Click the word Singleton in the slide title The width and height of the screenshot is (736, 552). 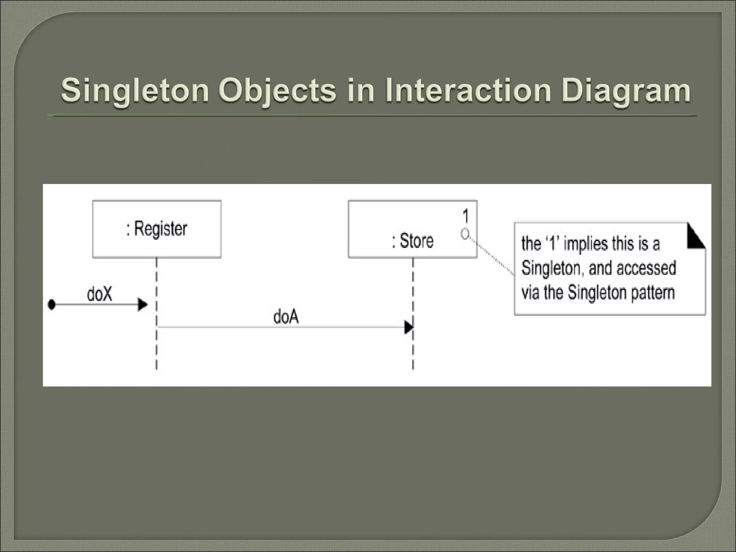[x=135, y=90]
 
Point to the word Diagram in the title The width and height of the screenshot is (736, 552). [x=626, y=90]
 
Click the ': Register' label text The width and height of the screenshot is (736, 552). [x=157, y=229]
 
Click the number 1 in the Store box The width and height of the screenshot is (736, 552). [x=465, y=216]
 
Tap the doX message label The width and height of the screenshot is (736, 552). [x=100, y=294]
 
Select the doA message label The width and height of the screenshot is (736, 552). [x=286, y=317]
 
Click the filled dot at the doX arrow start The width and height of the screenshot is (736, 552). [x=52, y=305]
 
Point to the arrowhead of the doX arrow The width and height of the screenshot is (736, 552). [x=143, y=305]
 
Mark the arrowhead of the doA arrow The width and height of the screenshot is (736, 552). [x=409, y=327]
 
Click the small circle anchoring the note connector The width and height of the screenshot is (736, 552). [x=465, y=234]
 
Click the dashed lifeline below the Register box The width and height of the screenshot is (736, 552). [x=157, y=345]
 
